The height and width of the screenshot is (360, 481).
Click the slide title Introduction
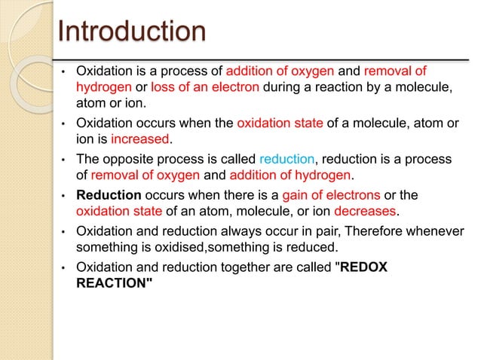(x=132, y=32)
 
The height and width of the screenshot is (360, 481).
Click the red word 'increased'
(x=141, y=139)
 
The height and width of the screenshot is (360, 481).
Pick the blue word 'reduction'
(x=286, y=160)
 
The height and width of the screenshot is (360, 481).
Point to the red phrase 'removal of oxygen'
(x=146, y=175)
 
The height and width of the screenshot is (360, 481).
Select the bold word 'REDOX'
(x=364, y=267)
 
